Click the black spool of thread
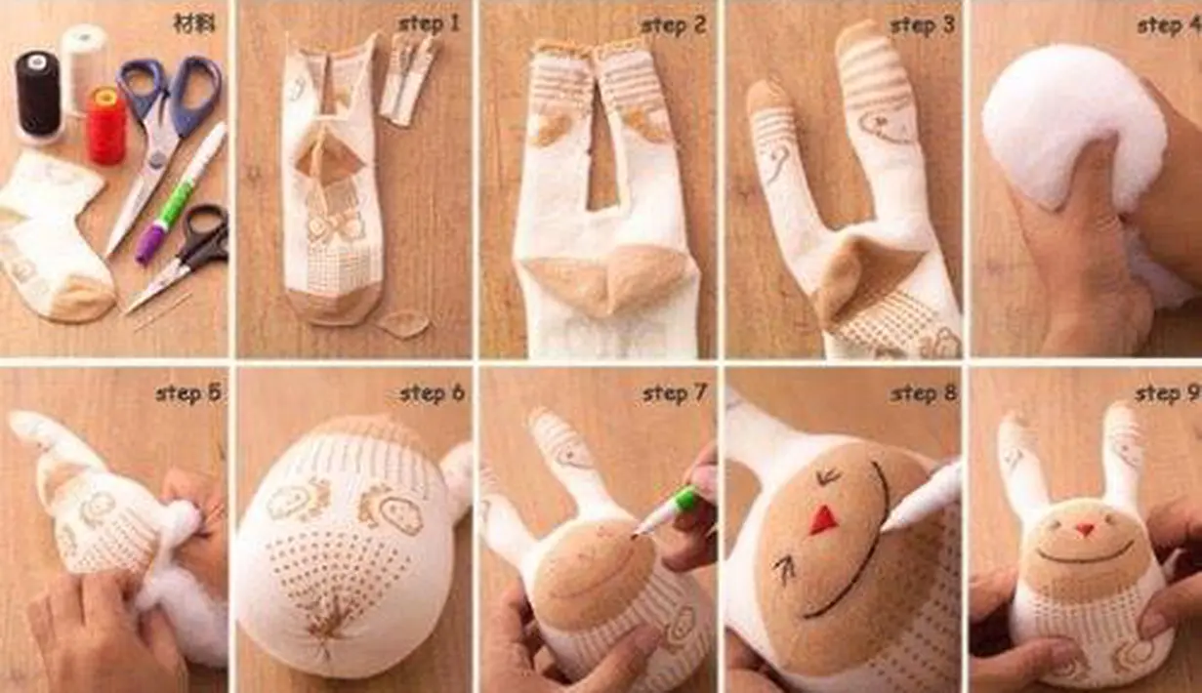[x=37, y=97]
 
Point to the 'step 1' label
[x=430, y=24]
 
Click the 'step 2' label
[x=674, y=24]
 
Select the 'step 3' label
[x=923, y=24]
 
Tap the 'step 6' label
[x=433, y=393]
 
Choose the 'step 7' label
[x=675, y=393]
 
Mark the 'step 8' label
[x=924, y=393]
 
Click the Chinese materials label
[x=194, y=24]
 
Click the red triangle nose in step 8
[x=820, y=519]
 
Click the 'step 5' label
[x=187, y=393]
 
